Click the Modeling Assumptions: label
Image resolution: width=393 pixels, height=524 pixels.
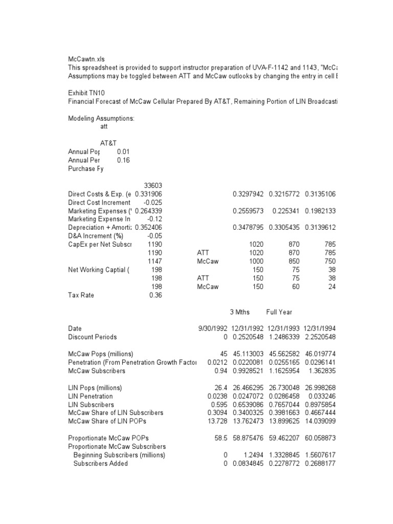[101, 118]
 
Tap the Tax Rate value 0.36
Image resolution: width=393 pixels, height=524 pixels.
[155, 295]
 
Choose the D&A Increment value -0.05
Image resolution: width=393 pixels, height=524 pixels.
[154, 236]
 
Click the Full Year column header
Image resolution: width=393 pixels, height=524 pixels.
[279, 312]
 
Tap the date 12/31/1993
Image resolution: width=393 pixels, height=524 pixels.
[282, 329]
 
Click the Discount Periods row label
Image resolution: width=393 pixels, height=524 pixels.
[92, 337]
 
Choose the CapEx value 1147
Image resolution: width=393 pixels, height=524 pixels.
[154, 261]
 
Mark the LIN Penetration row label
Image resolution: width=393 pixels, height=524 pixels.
[91, 396]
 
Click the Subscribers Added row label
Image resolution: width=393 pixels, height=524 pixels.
[100, 464]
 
